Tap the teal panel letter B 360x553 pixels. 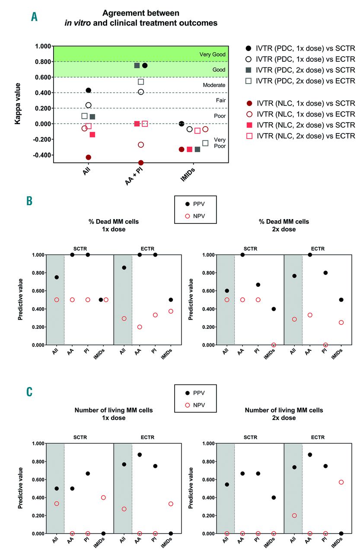pyautogui.click(x=29, y=201)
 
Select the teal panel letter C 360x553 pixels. pyautogui.click(x=29, y=391)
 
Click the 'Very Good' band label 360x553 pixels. pyautogui.click(x=211, y=54)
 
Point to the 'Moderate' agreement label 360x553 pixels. pyautogui.click(x=214, y=85)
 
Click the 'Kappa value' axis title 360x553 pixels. pyautogui.click(x=18, y=104)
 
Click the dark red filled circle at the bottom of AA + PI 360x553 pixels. pyautogui.click(x=141, y=163)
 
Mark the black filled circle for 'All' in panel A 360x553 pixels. pyautogui.click(x=88, y=90)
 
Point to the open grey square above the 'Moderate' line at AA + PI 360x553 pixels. pyautogui.click(x=141, y=82)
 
